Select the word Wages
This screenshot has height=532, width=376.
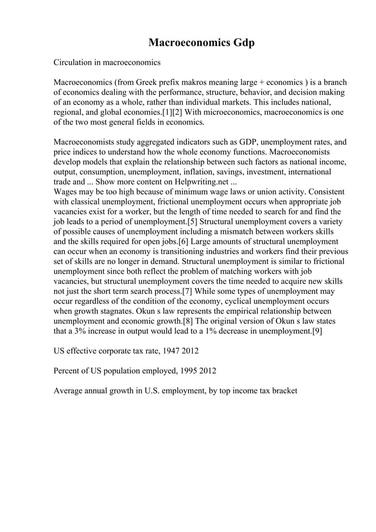click(67, 192)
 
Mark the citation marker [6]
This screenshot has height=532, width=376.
click(180, 242)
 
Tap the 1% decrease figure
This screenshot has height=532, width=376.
click(209, 332)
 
